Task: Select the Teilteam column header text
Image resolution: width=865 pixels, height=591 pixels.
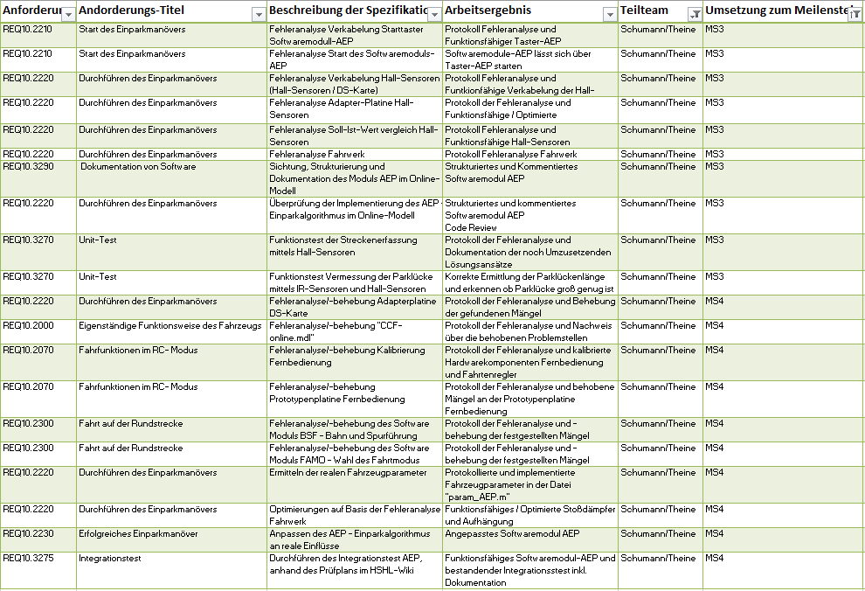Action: [645, 10]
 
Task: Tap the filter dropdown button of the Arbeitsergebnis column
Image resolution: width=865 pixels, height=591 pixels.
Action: [610, 14]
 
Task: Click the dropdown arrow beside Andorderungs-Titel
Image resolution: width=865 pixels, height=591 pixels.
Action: [258, 14]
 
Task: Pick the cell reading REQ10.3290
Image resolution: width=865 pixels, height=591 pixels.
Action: [28, 166]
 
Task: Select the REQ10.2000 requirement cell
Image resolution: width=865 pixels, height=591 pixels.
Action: [28, 325]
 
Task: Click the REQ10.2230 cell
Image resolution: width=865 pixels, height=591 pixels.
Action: [28, 533]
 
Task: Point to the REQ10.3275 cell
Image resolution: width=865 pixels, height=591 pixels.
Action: [28, 558]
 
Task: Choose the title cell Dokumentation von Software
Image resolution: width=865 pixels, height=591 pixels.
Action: [138, 166]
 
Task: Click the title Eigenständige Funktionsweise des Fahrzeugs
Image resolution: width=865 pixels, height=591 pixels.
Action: [170, 325]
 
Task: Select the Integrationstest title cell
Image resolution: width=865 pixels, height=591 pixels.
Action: [109, 558]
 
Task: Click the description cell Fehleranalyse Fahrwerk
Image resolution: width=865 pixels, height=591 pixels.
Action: [322, 154]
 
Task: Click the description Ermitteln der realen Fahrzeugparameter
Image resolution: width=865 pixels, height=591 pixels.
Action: [348, 472]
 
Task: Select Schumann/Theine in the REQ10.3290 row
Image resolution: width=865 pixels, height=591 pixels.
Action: [658, 166]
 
